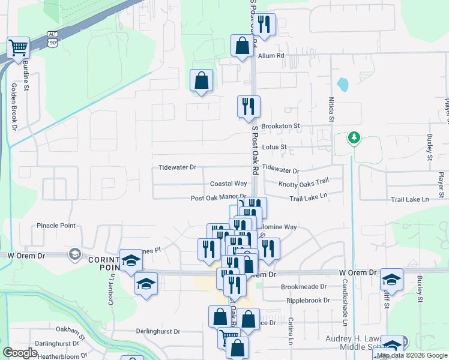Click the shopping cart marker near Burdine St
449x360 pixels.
coord(19,48)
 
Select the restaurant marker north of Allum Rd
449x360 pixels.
coord(264,26)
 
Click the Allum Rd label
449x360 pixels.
coord(271,56)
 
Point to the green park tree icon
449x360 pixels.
coord(354,139)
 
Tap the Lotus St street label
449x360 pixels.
coord(275,147)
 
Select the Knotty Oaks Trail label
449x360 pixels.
coord(304,181)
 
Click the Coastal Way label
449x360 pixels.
coord(228,184)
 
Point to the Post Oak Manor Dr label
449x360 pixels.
coord(218,197)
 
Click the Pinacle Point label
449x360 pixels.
coord(56,226)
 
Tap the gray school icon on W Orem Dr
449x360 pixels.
coord(74,254)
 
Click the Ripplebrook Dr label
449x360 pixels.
coord(309,300)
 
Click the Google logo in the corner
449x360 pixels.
coord(20,352)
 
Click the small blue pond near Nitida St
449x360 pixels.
coord(342,85)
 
